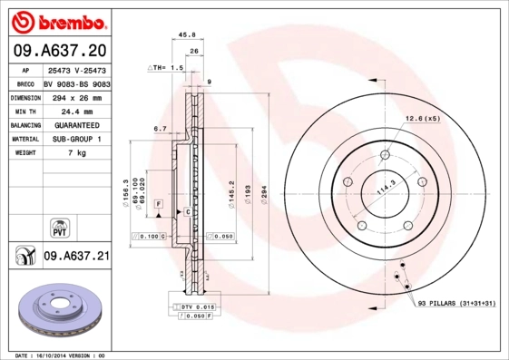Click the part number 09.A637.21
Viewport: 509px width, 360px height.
[x=76, y=257]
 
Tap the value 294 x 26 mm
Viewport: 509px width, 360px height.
[x=76, y=97]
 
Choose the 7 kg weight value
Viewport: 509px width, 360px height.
[x=76, y=153]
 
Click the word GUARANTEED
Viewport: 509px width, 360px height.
[x=76, y=125]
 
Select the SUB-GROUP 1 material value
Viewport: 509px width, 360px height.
[x=76, y=139]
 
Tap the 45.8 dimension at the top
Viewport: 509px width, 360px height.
[x=188, y=35]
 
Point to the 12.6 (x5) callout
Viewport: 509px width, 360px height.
[x=422, y=119]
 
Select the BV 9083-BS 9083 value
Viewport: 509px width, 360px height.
[x=76, y=83]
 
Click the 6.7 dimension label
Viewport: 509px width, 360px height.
[x=160, y=129]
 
